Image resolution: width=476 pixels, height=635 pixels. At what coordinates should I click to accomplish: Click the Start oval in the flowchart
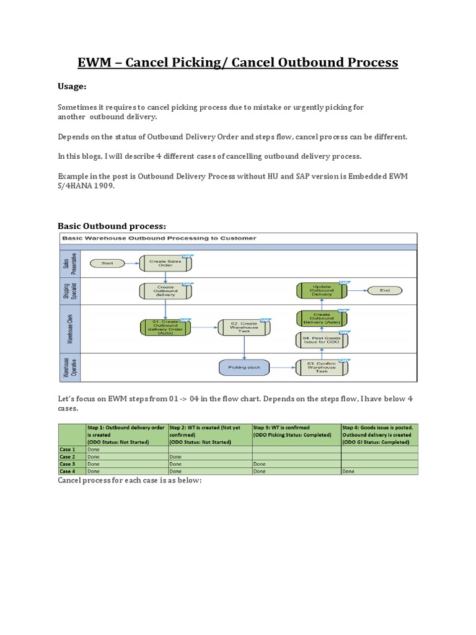108,263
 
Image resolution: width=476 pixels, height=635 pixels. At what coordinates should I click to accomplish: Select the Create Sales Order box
166,263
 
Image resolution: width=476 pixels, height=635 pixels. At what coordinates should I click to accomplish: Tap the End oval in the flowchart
384,290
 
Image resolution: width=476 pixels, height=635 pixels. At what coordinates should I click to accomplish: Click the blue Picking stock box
244,367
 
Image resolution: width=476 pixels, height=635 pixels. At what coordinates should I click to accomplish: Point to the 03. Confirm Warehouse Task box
321,367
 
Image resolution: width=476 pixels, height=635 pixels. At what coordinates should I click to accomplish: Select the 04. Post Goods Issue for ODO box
321,339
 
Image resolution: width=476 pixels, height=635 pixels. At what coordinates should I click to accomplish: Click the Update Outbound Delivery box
321,290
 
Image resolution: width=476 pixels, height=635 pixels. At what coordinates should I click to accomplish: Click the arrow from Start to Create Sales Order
133,263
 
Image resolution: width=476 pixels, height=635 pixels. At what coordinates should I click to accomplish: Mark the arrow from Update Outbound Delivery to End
356,290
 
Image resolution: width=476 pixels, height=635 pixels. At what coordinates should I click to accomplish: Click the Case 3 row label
68,464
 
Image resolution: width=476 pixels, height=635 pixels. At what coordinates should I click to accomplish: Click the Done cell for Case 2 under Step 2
176,456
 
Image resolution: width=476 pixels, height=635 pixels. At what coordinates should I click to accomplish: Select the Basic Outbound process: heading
112,225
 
